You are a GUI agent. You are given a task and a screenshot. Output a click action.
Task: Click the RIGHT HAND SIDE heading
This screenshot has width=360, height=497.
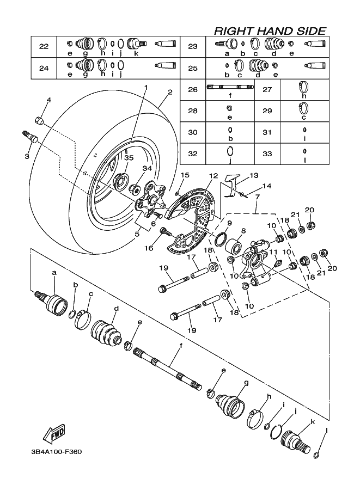[x=270, y=31]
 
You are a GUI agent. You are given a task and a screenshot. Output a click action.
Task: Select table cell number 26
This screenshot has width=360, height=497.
[x=192, y=89]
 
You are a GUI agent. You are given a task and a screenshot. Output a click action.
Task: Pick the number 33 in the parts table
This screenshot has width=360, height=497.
[x=267, y=154]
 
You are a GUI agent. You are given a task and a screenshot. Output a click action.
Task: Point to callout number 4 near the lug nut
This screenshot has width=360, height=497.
[x=48, y=100]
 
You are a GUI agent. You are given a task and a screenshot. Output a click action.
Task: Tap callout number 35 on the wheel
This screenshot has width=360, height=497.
[x=129, y=157]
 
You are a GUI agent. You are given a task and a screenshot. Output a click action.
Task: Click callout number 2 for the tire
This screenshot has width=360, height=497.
[x=170, y=92]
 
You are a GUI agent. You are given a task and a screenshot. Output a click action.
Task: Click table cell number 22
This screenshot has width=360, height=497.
[x=44, y=46]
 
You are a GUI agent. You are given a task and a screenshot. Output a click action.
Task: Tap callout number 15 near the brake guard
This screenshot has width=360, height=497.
[x=185, y=175]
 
